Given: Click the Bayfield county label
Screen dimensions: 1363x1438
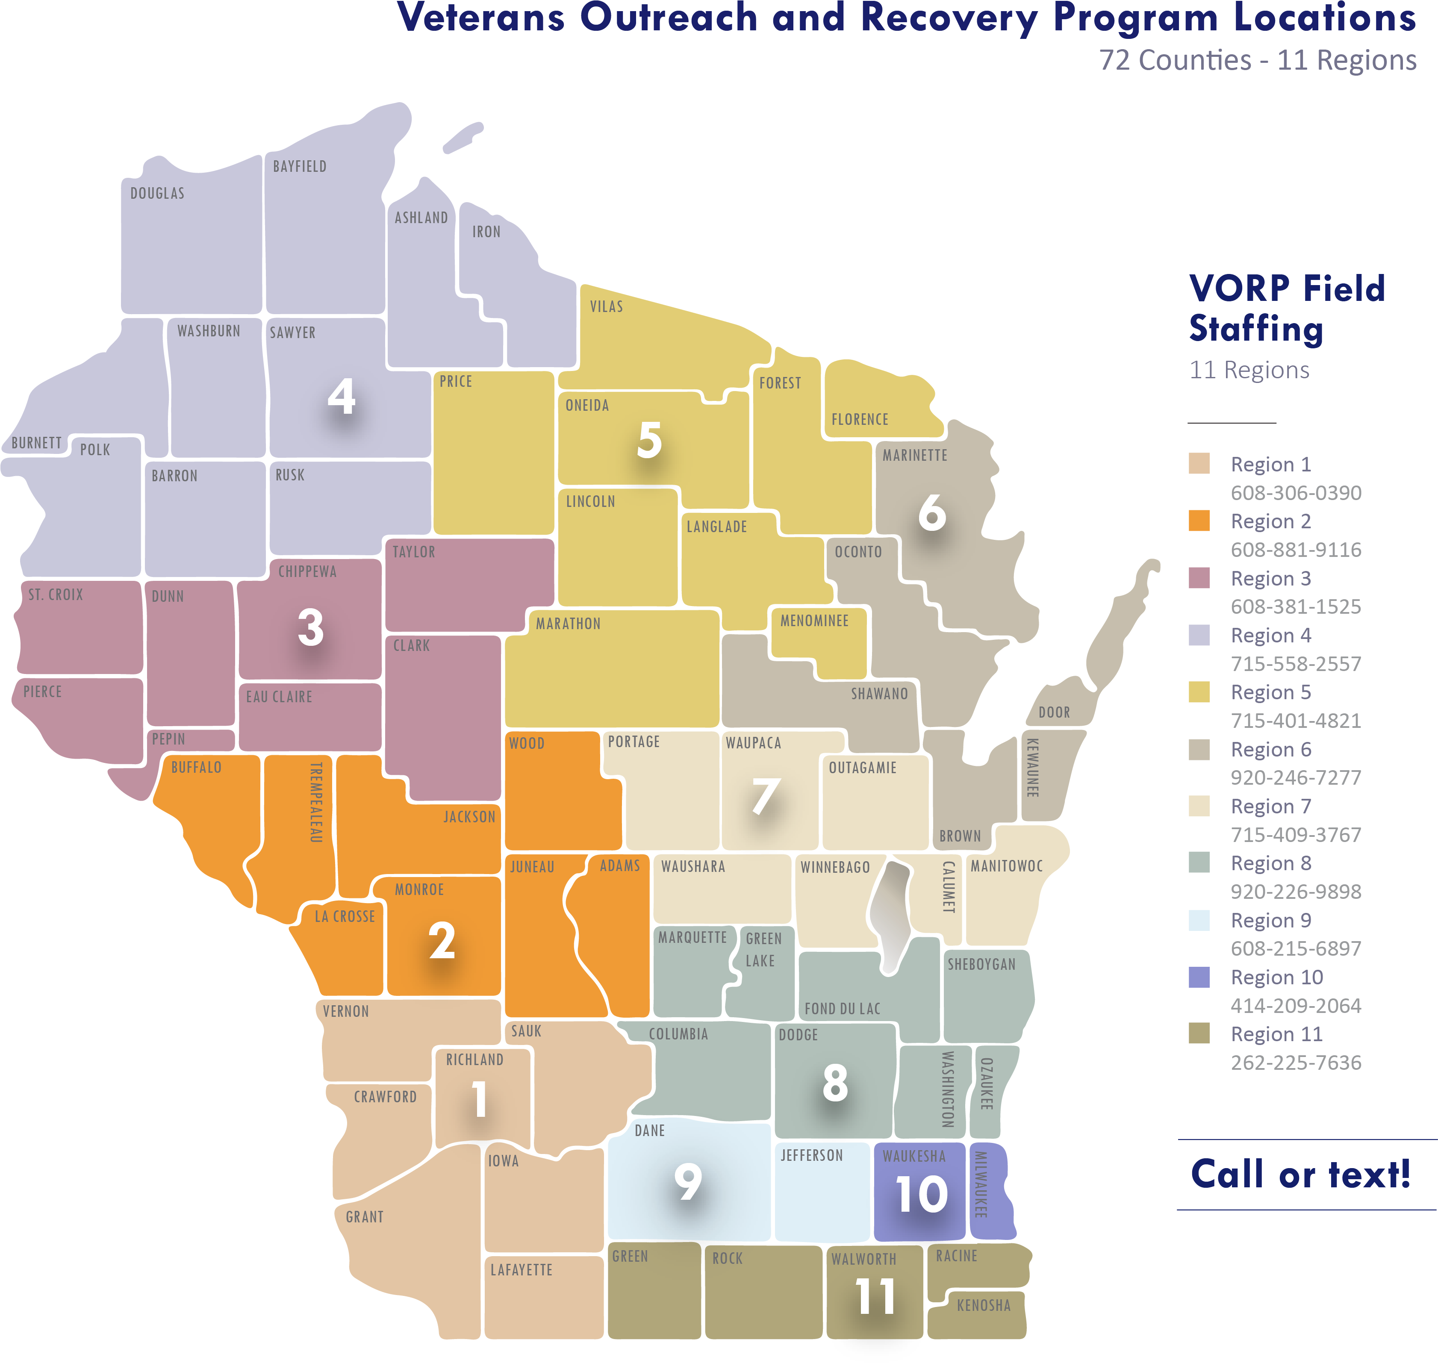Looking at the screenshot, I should tap(299, 166).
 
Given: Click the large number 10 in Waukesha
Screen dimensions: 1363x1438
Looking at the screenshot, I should tap(921, 1194).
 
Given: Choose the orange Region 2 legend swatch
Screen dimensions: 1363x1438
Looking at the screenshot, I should tap(1199, 521).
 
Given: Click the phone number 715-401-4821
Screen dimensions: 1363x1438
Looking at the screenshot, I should tap(1296, 721).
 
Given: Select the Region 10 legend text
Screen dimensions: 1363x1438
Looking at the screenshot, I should tap(1277, 977).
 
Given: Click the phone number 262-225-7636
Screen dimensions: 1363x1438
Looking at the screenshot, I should tap(1296, 1063).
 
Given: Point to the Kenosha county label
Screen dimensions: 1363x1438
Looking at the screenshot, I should tap(983, 1306).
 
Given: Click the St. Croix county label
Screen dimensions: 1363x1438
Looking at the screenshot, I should tap(56, 595).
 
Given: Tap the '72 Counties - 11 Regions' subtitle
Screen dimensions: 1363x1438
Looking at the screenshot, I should tap(1257, 60).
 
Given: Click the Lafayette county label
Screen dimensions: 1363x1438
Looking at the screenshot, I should tap(521, 1270).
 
